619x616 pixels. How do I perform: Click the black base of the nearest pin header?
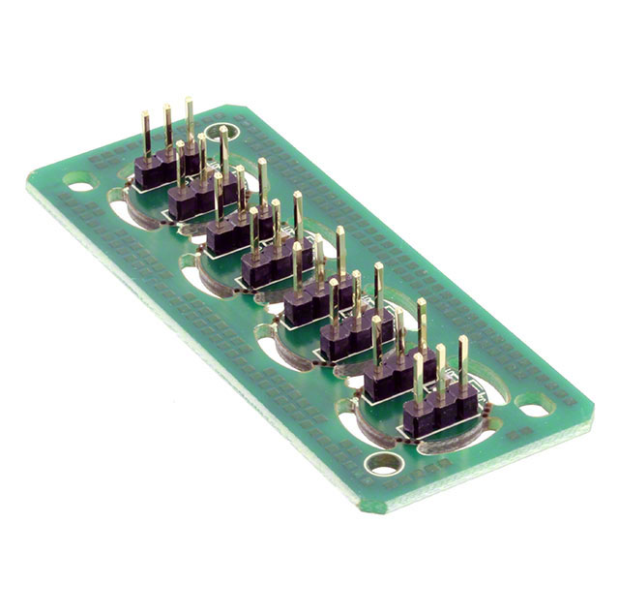coord(433,416)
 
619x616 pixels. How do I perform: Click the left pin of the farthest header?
coord(146,136)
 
